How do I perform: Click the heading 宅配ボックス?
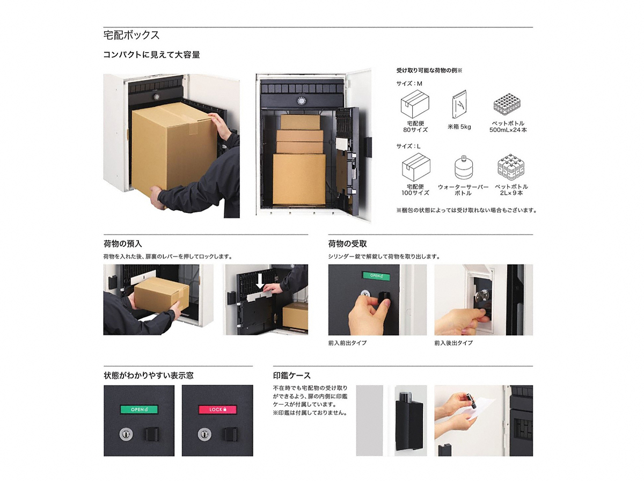[131, 35]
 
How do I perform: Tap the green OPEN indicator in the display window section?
[139, 409]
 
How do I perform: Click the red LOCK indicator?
[217, 409]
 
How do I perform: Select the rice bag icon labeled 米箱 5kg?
[459, 104]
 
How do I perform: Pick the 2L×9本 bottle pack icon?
[511, 167]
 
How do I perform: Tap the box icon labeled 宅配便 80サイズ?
[415, 104]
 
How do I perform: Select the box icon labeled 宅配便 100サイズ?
[416, 167]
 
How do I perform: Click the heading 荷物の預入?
[123, 244]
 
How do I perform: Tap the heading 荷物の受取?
[347, 244]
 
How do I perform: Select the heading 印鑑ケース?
[291, 375]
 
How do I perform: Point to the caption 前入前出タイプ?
[347, 343]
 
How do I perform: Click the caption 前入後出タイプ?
[453, 343]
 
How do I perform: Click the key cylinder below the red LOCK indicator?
[204, 434]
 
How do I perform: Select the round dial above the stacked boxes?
[301, 101]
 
